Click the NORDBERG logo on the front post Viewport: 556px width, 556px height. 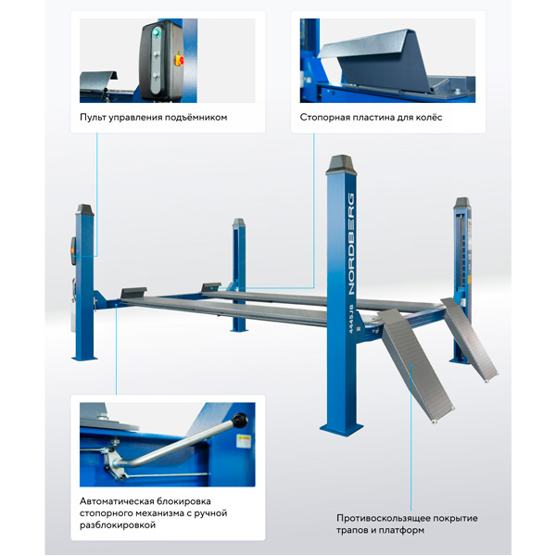[351, 244]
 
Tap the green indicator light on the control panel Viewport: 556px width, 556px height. [155, 33]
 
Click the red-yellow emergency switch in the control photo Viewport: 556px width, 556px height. [180, 59]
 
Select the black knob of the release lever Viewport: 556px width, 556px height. [240, 420]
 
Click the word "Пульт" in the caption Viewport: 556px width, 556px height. [93, 118]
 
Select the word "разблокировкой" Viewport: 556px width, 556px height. [118, 525]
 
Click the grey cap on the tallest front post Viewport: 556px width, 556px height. [341, 165]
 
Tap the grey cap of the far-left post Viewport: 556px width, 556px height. [84, 209]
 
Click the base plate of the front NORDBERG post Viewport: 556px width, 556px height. [341, 429]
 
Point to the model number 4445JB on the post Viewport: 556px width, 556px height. [350, 319]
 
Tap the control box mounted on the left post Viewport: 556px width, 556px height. [73, 251]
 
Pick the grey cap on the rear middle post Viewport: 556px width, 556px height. [239, 222]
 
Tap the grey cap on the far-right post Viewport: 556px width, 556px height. [462, 202]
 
